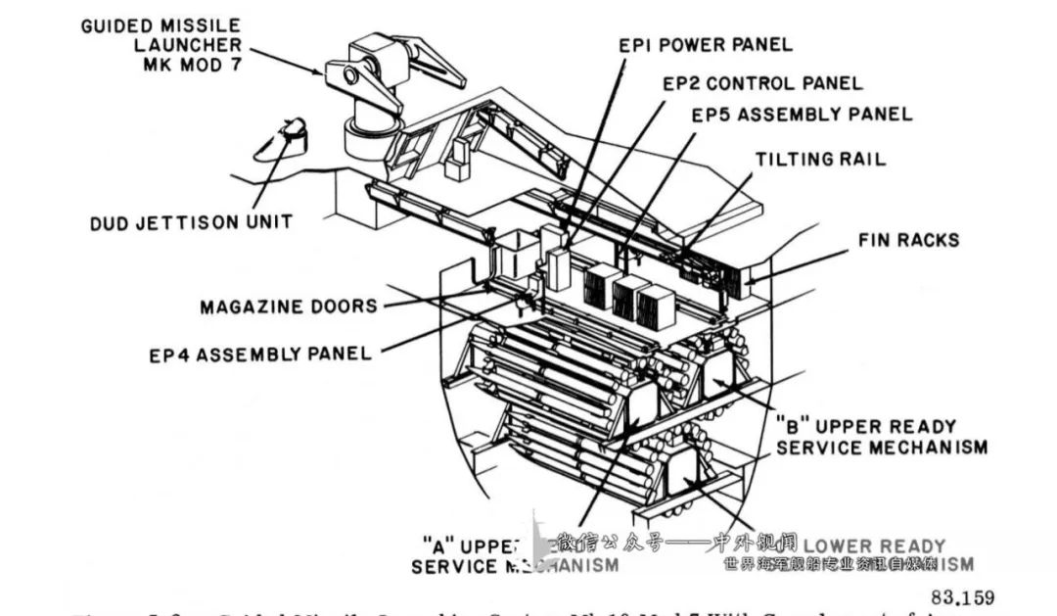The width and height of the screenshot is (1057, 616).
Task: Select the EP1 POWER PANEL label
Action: (705, 45)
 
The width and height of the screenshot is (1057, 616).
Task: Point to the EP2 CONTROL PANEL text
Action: (762, 84)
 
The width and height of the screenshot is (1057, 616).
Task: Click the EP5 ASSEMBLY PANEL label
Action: (802, 115)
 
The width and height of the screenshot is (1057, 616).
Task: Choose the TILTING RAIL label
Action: (820, 159)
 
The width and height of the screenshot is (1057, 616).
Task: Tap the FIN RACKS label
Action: (908, 240)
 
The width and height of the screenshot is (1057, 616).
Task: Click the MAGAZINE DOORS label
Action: (289, 307)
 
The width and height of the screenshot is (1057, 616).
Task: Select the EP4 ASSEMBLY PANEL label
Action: (260, 354)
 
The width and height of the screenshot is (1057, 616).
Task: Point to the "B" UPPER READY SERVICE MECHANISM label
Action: (881, 437)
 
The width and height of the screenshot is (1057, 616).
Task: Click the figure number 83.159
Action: (962, 596)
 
